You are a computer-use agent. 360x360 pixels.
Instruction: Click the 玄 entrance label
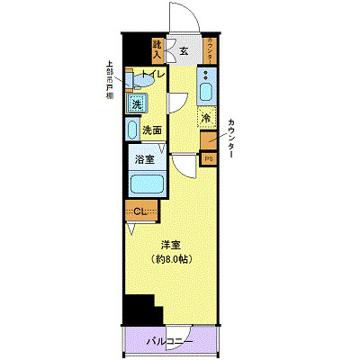pyautogui.click(x=184, y=50)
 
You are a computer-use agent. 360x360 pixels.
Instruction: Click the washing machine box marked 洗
pyautogui.click(x=137, y=104)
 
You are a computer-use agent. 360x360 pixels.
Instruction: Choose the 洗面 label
pyautogui.click(x=152, y=130)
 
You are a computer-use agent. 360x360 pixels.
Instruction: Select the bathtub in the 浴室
pyautogui.click(x=146, y=185)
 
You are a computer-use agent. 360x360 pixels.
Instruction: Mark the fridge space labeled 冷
pyautogui.click(x=207, y=118)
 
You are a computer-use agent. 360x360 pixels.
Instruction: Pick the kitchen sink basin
pyautogui.click(x=208, y=92)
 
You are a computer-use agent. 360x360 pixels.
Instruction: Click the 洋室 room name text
pyautogui.click(x=172, y=244)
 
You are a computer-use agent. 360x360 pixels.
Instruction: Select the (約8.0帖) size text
pyautogui.click(x=172, y=259)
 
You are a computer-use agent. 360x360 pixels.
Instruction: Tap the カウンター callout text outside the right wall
pyautogui.click(x=232, y=139)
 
